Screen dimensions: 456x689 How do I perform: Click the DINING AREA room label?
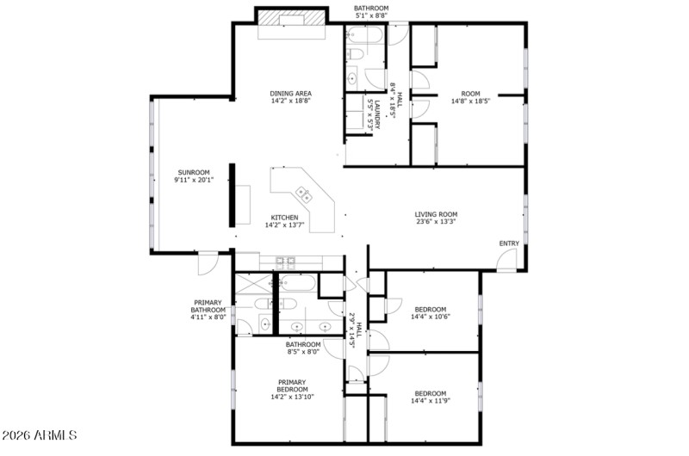290,94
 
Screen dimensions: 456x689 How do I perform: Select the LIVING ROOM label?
436,215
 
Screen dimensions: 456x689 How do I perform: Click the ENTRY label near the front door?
509,243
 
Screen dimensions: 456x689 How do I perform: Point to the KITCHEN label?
285,218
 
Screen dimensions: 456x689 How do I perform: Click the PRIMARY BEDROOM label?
292,385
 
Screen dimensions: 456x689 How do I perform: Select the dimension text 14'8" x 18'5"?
470,102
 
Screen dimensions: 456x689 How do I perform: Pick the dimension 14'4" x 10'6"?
430,317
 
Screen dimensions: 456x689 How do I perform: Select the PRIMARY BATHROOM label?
208,306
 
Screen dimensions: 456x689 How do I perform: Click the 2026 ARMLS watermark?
41,437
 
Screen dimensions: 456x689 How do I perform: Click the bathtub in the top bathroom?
366,34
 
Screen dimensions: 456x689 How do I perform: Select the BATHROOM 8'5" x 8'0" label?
302,348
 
